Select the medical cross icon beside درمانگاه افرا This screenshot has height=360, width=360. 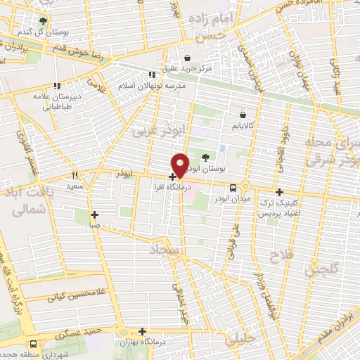click(x=173, y=176)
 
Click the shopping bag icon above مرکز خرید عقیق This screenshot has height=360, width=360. click(x=188, y=58)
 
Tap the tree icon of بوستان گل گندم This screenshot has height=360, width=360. click(x=43, y=22)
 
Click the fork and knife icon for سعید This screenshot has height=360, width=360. click(x=74, y=174)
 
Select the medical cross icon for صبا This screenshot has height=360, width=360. click(x=94, y=214)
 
